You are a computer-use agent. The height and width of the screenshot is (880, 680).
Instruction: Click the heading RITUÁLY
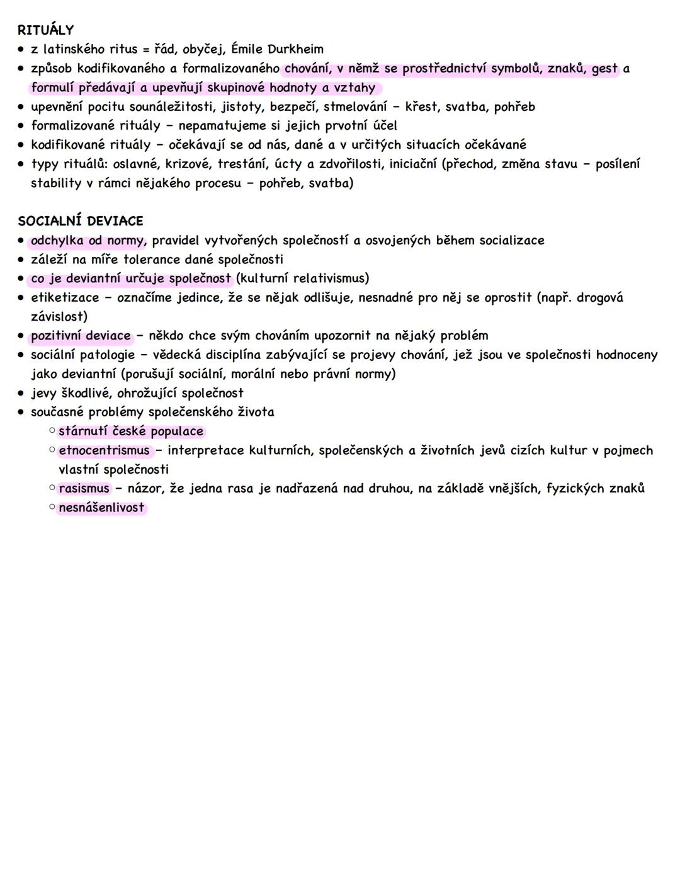point(45,30)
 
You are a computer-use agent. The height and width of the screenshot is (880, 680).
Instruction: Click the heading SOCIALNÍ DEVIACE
point(81,221)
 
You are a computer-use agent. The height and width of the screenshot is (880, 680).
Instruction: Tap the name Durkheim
point(295,49)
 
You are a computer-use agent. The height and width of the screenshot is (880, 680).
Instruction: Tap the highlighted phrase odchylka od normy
point(88,241)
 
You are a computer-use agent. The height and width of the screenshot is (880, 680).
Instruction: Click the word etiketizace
point(65,297)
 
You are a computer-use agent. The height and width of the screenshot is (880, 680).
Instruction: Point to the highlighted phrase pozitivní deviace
point(81,336)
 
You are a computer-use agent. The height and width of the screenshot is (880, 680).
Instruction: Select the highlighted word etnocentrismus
point(105,450)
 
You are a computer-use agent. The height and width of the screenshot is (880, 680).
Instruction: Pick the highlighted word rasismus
point(84,488)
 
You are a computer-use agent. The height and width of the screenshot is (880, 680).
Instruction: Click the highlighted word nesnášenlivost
point(101,508)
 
